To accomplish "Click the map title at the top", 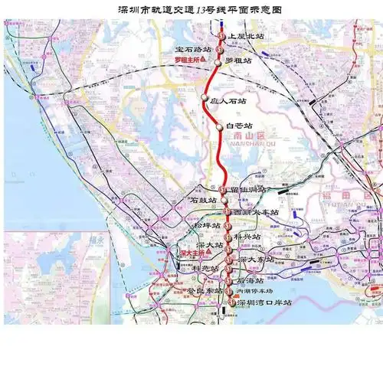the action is point(191,11).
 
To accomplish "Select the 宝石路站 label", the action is point(193,49).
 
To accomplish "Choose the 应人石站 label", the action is point(229,100).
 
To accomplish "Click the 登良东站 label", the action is point(202,291).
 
